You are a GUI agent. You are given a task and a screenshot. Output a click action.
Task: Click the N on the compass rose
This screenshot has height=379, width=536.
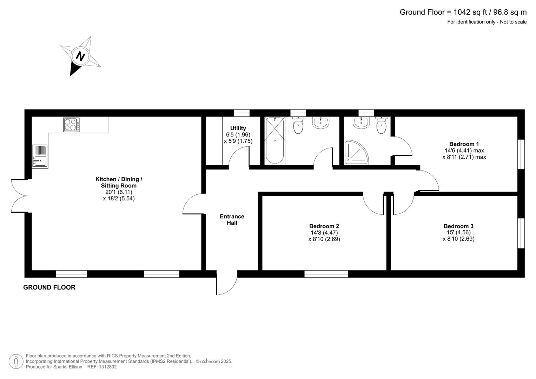81,56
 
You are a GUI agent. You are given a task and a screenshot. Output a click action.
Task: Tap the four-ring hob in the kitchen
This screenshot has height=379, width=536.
71,125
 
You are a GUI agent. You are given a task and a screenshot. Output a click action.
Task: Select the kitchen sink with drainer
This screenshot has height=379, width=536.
40,156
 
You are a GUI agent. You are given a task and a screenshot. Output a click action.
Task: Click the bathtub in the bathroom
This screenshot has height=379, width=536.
274,140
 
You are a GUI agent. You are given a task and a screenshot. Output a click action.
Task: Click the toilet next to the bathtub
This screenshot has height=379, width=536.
298,125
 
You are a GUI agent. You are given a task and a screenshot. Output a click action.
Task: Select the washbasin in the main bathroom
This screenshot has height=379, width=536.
320,123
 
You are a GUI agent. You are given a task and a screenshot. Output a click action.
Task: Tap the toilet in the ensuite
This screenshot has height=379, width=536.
381,125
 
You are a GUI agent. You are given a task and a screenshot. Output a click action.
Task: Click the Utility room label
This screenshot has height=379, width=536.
238,128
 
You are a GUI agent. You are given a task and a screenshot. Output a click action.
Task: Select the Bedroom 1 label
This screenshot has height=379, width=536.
464,144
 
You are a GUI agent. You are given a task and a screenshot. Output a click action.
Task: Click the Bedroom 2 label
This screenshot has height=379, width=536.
324,226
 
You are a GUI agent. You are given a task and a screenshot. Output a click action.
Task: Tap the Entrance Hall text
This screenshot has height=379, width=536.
232,220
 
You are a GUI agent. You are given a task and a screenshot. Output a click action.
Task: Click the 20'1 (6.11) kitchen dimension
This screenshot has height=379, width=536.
119,192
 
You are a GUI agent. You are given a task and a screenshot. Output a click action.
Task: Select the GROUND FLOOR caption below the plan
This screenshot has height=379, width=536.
49,287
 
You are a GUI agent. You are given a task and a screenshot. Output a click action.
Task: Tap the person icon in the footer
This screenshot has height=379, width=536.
16,361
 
